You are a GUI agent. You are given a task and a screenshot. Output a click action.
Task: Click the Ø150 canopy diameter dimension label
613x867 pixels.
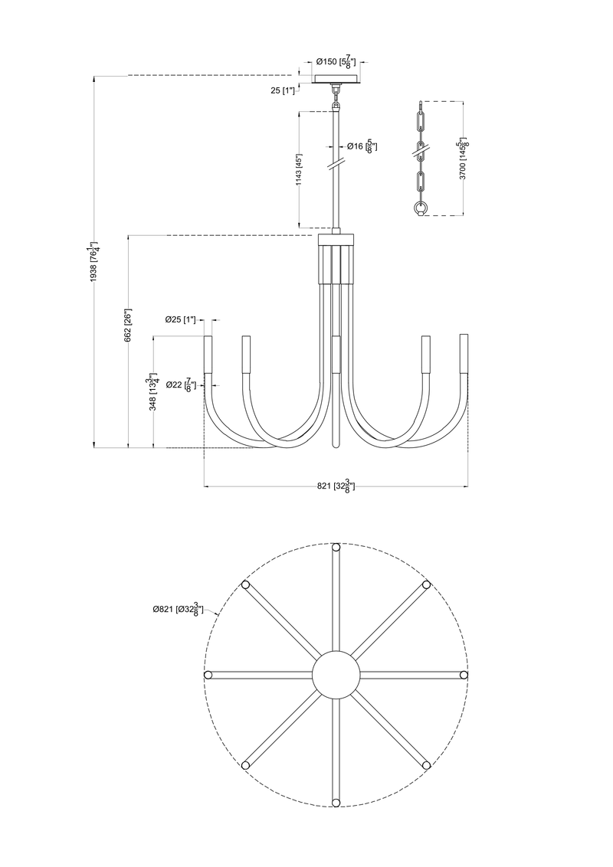(338, 63)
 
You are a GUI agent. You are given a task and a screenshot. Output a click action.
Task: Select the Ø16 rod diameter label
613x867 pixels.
(360, 146)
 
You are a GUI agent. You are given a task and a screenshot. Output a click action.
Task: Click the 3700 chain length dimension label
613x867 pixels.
(462, 159)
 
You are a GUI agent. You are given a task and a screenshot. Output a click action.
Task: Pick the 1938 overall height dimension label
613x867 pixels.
(94, 262)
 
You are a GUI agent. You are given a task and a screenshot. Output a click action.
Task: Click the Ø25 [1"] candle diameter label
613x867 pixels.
(181, 319)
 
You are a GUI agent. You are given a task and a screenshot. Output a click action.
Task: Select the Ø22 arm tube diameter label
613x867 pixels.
(182, 384)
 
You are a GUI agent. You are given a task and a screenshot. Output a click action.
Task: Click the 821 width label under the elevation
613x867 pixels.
(336, 486)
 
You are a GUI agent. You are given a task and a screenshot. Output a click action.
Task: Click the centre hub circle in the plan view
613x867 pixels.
(336, 675)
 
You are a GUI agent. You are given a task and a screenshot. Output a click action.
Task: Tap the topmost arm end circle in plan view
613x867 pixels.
(336, 547)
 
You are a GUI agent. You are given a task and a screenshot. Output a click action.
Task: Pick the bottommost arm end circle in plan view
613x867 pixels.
(336, 802)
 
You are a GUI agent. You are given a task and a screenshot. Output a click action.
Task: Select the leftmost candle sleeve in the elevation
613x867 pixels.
(208, 354)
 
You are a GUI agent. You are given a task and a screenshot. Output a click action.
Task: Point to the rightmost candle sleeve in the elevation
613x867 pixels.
(464, 352)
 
